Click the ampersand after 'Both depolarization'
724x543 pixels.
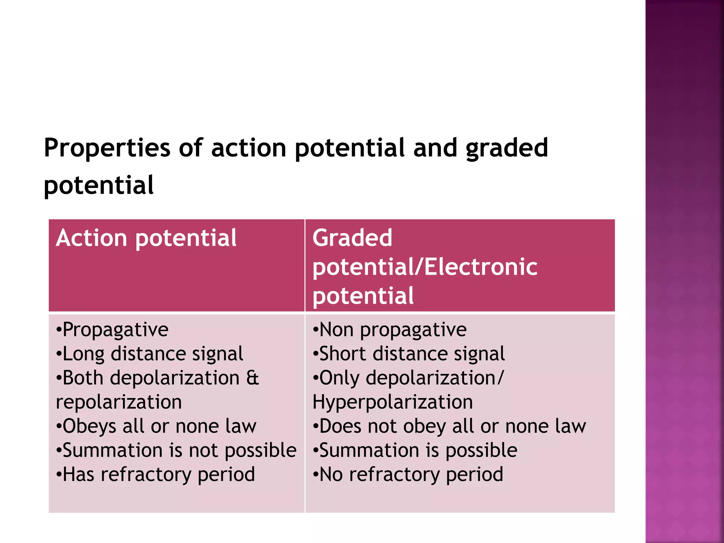click(252, 378)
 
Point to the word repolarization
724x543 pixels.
click(119, 402)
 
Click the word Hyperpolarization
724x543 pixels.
click(392, 402)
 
